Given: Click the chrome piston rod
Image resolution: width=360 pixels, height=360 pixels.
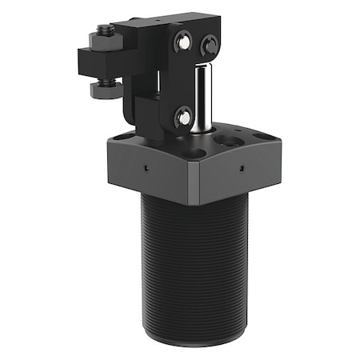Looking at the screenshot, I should tap(203, 96).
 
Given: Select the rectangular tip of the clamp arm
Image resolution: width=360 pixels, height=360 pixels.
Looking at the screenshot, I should tap(94, 61).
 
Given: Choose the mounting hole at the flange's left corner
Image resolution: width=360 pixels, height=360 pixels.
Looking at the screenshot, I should tap(121, 138).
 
